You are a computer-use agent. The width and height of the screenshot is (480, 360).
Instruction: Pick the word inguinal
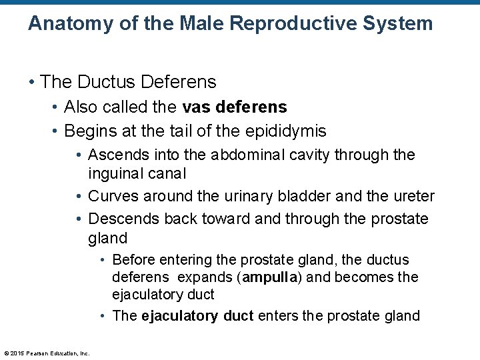117,173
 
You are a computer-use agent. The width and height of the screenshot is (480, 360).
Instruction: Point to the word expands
197,277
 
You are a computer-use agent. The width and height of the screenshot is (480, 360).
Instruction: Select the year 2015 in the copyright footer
16,353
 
